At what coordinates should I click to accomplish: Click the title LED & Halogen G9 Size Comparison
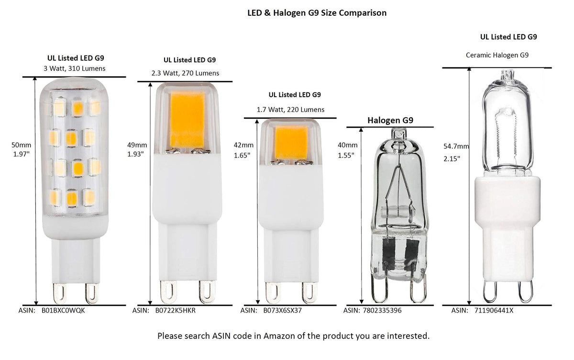point(317,13)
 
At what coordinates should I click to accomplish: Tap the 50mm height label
point(21,145)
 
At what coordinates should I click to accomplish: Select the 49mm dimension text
point(137,145)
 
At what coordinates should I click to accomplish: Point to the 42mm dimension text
point(243,145)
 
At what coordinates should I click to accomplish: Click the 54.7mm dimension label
point(456,146)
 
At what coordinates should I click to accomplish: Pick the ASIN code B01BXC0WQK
point(63,310)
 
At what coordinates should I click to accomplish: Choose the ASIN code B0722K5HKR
point(175,310)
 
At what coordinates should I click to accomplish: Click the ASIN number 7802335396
point(382,310)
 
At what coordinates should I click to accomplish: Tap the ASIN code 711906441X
point(494,310)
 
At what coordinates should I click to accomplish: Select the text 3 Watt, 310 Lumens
point(74,68)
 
